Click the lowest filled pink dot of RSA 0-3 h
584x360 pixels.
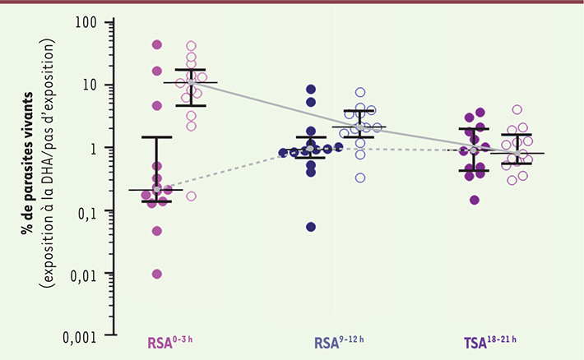pos(156,274)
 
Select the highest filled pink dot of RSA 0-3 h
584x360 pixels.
pos(157,44)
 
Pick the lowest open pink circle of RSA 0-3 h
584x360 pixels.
pos(191,196)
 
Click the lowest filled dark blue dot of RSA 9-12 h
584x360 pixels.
pos(311,227)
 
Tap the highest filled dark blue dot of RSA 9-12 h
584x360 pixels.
pos(311,89)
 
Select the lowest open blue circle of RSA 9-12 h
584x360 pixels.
pos(360,178)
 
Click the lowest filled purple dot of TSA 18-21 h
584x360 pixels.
pos(475,200)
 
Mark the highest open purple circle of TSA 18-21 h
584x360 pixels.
pos(517,109)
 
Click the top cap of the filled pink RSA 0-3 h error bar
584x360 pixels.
pos(156,136)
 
